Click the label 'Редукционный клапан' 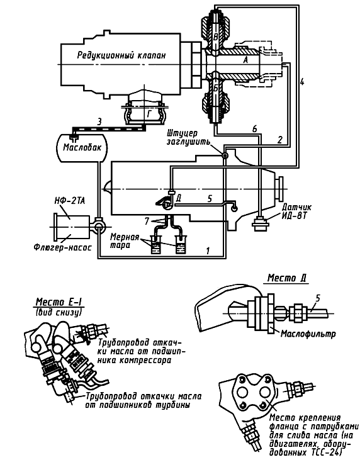pyautogui.click(x=121, y=55)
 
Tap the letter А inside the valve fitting pyautogui.click(x=245, y=60)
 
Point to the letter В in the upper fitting pyautogui.click(x=216, y=37)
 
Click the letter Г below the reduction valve pyautogui.click(x=150, y=113)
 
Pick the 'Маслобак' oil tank pyautogui.click(x=82, y=148)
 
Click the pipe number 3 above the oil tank pyautogui.click(x=99, y=121)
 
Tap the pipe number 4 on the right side pyautogui.click(x=302, y=81)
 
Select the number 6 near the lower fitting pyautogui.click(x=254, y=128)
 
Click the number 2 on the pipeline pyautogui.click(x=279, y=140)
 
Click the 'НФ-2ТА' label pyautogui.click(x=69, y=201)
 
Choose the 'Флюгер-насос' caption pyautogui.click(x=62, y=247)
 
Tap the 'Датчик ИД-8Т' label pyautogui.click(x=293, y=211)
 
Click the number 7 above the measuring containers pyautogui.click(x=146, y=221)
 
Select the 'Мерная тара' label pyautogui.click(x=125, y=241)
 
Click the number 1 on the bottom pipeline pyautogui.click(x=208, y=250)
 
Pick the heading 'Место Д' pyautogui.click(x=287, y=278)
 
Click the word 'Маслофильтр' pyautogui.click(x=308, y=334)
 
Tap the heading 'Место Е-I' pyautogui.click(x=59, y=302)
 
